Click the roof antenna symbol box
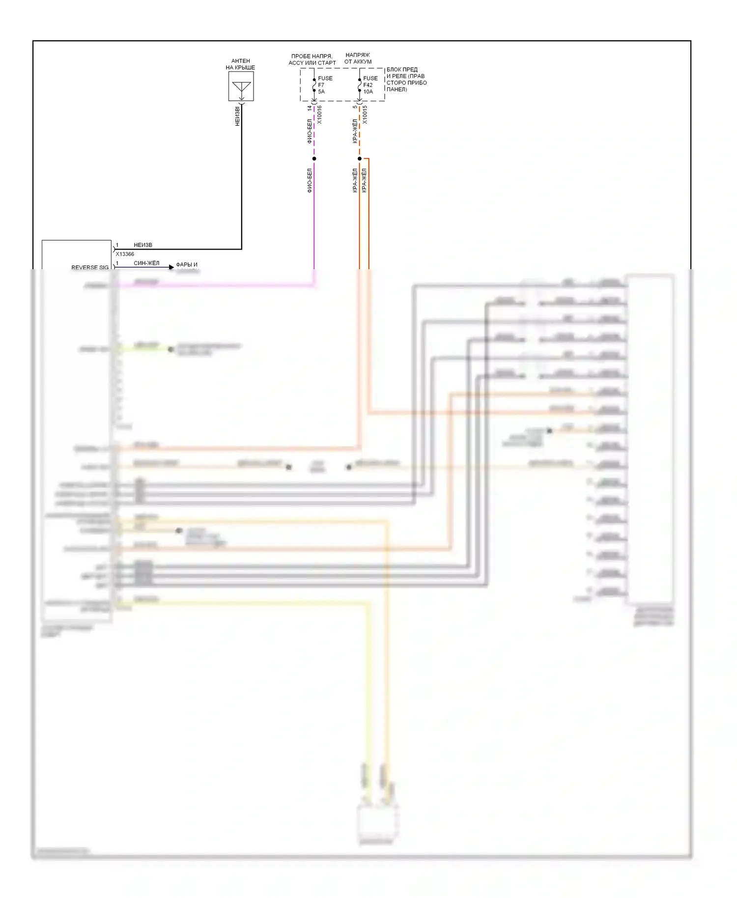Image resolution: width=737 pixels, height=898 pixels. [241, 86]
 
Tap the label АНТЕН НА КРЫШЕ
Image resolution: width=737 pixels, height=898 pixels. [240, 64]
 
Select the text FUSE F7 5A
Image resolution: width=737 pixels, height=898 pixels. [324, 85]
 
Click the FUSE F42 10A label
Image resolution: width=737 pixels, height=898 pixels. [370, 85]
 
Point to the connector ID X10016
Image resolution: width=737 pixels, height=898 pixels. [319, 114]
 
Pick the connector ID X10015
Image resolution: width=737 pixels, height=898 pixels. [365, 114]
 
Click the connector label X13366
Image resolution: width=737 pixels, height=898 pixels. [125, 254]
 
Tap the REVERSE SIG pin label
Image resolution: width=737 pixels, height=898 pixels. [90, 268]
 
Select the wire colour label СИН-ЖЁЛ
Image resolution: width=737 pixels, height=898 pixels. [146, 263]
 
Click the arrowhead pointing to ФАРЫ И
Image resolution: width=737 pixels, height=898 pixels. [171, 267]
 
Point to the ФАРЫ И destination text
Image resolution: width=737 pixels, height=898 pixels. [187, 265]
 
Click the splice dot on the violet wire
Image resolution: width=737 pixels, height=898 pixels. [314, 159]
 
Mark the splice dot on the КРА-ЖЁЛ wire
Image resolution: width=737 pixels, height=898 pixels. [359, 159]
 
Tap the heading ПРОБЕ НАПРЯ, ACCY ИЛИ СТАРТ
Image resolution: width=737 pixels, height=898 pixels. [312, 59]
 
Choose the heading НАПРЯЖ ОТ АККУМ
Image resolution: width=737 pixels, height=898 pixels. [358, 58]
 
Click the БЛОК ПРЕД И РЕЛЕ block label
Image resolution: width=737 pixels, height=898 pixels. [406, 80]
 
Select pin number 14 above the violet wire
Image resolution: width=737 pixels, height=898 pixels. [310, 108]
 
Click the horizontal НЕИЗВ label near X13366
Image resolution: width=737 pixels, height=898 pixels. [143, 245]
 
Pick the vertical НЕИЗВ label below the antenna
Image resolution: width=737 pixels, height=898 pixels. [237, 116]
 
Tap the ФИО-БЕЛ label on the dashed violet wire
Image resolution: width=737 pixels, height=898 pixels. [310, 131]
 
